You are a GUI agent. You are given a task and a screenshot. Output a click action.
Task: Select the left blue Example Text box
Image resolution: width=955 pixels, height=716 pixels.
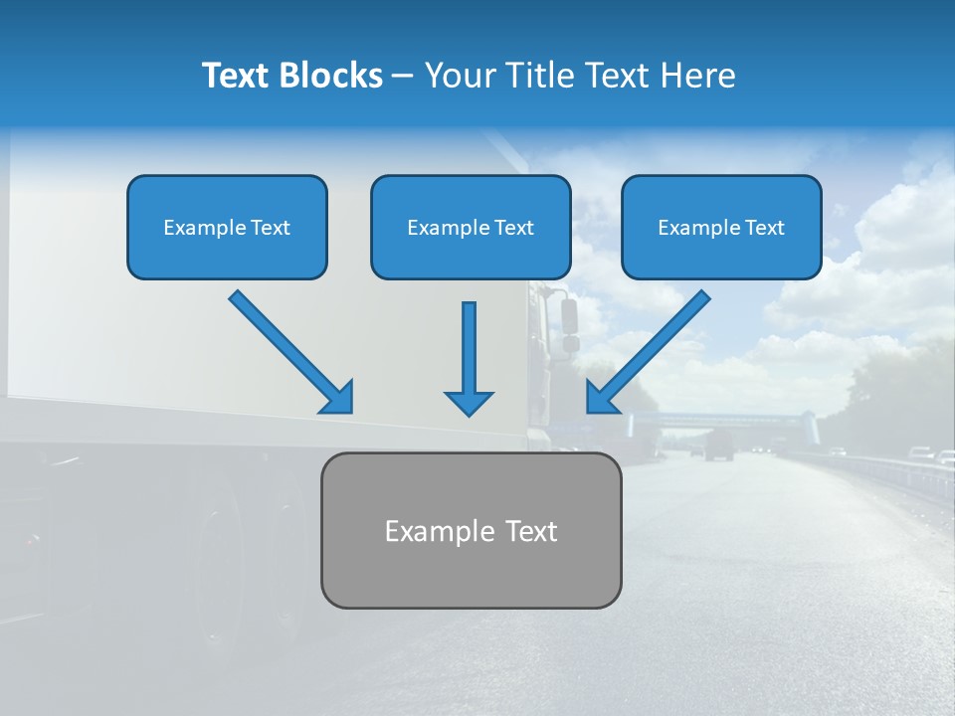[227, 227]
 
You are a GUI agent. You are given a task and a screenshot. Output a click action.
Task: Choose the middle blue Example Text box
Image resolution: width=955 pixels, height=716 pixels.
[471, 227]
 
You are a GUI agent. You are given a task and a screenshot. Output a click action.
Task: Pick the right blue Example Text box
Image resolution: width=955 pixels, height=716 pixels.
[721, 227]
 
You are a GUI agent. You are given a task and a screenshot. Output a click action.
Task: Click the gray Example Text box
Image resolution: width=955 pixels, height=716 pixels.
[471, 530]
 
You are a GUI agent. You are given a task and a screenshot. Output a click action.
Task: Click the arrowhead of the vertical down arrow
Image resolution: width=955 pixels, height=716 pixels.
[469, 402]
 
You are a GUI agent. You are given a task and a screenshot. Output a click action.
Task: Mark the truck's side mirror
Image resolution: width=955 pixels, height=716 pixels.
[570, 316]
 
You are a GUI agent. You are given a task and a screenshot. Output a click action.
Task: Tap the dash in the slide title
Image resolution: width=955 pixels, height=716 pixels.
[403, 76]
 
